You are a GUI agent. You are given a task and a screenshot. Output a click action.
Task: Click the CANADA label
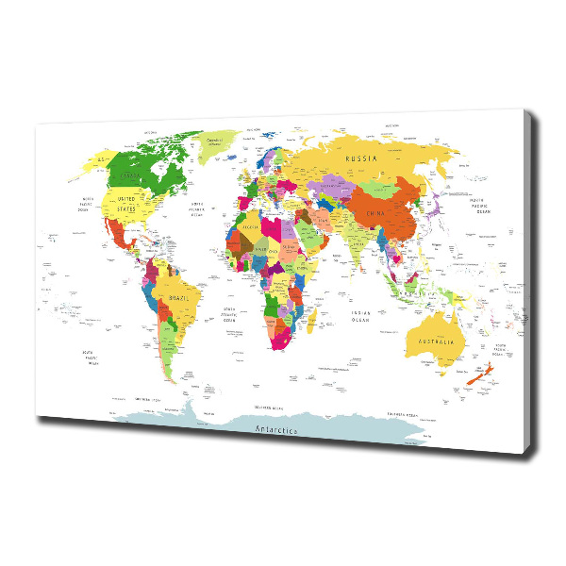pyautogui.click(x=132, y=175)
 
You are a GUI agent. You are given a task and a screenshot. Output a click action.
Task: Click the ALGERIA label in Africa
pyautogui.click(x=250, y=227)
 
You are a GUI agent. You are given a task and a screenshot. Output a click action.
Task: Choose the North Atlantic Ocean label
pyautogui.click(x=197, y=210)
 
